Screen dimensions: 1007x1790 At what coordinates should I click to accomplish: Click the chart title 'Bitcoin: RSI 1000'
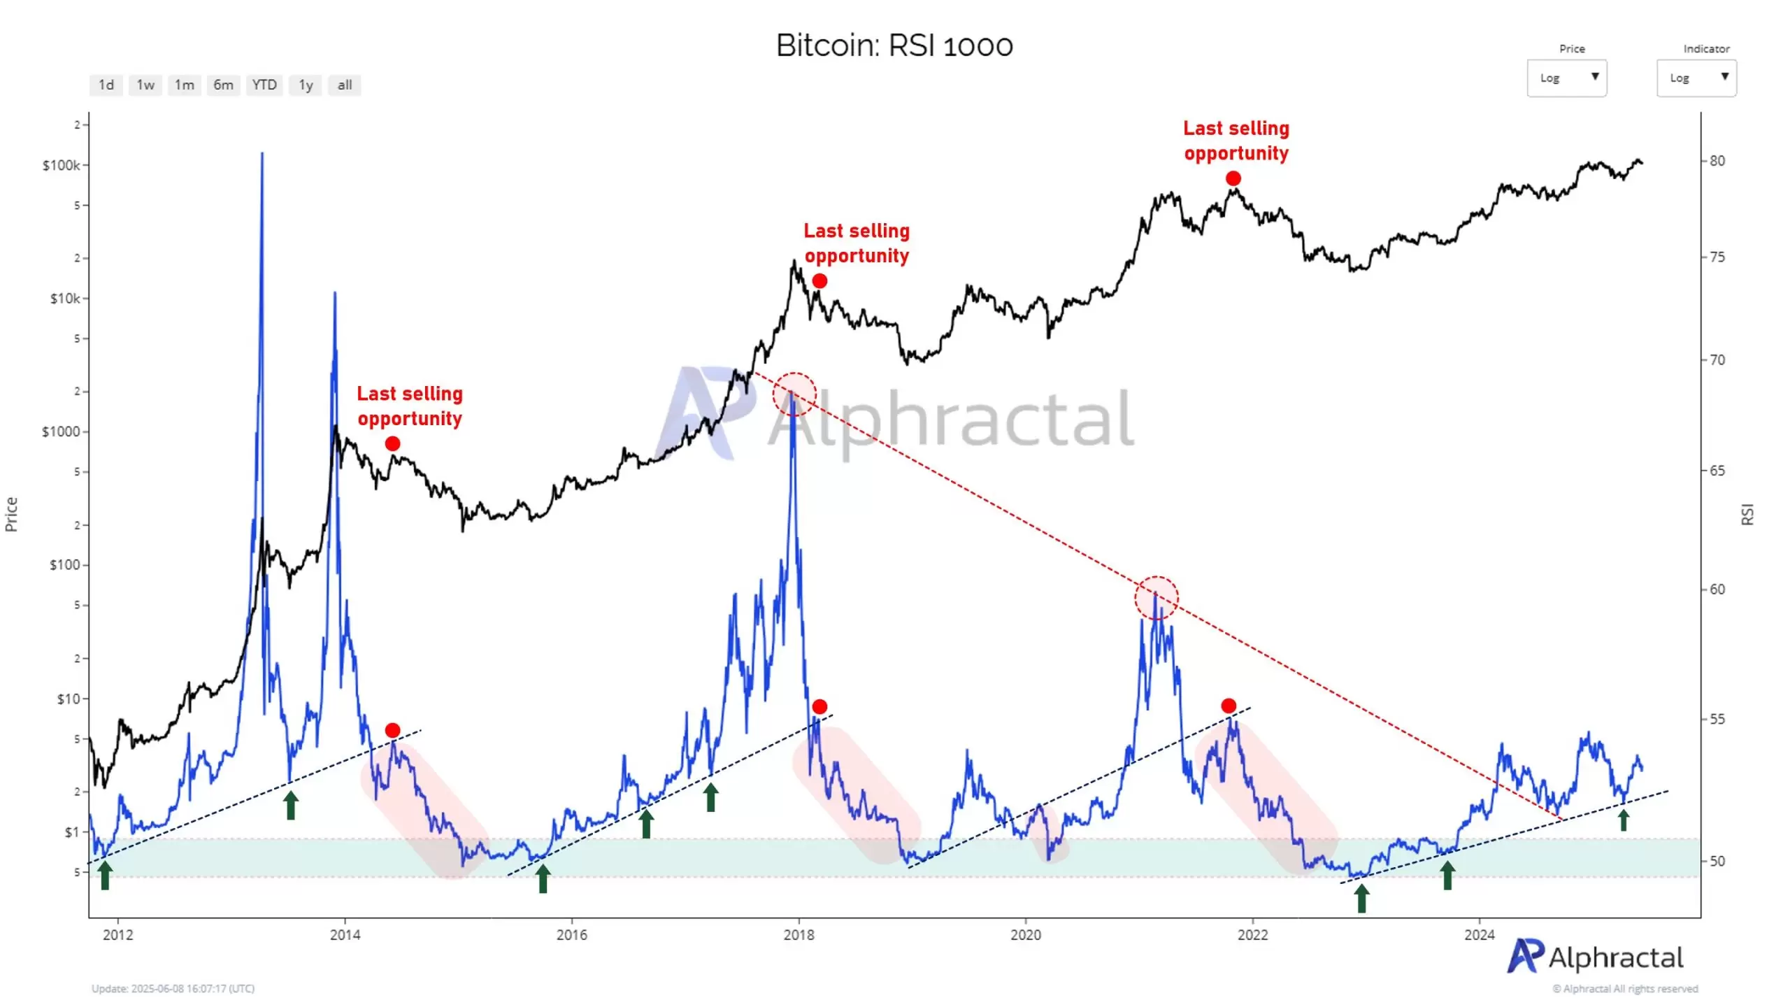pos(894,45)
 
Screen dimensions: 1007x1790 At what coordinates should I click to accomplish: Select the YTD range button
pos(264,85)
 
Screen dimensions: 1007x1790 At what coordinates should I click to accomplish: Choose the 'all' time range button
pos(344,85)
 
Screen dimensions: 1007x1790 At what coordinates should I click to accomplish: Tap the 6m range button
pos(223,85)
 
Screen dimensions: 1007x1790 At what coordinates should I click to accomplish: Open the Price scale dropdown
pos(1566,78)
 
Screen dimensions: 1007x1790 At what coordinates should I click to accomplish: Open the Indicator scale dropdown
pos(1696,78)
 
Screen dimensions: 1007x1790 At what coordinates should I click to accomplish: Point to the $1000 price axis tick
pos(61,431)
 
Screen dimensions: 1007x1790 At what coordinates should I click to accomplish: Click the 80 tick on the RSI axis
pos(1717,161)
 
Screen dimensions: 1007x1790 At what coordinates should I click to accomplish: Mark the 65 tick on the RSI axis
pos(1717,471)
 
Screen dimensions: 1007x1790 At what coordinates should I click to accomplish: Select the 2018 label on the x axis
pos(799,934)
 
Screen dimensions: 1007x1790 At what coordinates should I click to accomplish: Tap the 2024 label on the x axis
pos(1480,934)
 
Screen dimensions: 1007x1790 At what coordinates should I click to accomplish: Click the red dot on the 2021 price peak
pos(1233,179)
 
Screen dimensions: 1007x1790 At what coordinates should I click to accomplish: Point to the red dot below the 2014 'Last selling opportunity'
pos(393,444)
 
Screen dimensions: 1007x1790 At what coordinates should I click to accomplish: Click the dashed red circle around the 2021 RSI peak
pos(1157,598)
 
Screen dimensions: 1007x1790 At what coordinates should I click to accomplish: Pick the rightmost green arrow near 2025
pos(1624,820)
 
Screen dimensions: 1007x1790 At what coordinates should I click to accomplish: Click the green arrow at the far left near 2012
pos(105,875)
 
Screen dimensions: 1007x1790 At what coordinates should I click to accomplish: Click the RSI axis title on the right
pos(1747,514)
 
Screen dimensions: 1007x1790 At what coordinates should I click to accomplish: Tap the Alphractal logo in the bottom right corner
pos(1595,957)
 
